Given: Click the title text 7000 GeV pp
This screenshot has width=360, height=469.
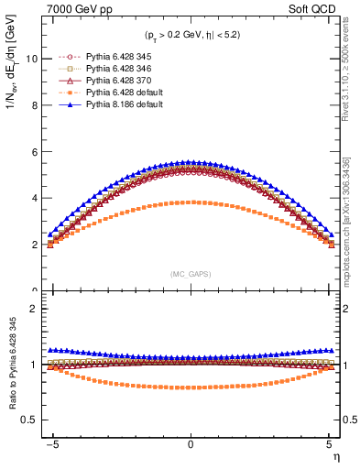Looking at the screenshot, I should pyautogui.click(x=74, y=8).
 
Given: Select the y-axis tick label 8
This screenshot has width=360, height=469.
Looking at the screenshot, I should pyautogui.click(x=34, y=105).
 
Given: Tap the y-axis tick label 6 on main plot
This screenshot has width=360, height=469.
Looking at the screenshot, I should pyautogui.click(x=34, y=152).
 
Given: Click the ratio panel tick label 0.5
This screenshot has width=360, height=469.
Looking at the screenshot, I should pyautogui.click(x=29, y=420).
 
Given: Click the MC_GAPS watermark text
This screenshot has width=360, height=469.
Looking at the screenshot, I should pyautogui.click(x=191, y=274).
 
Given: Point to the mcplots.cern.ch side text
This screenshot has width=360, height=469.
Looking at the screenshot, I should pyautogui.click(x=351, y=220).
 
